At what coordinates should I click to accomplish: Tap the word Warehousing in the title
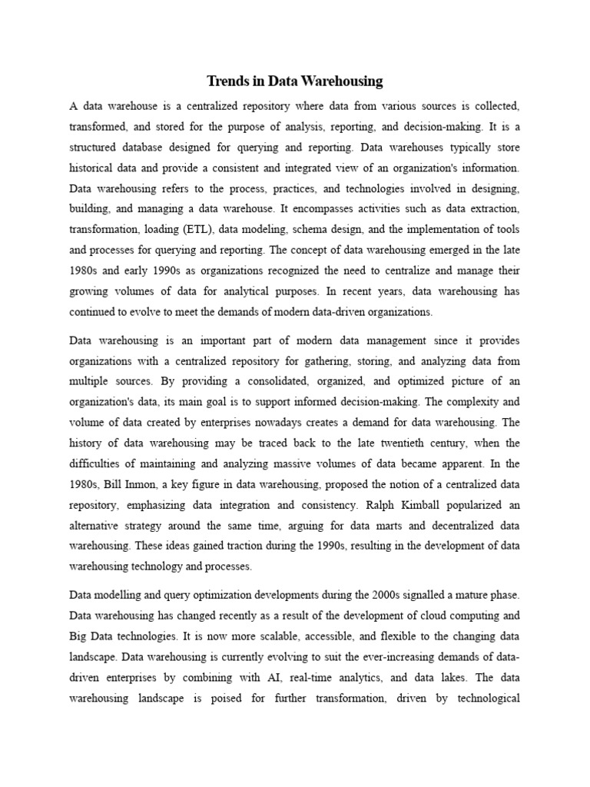(x=344, y=81)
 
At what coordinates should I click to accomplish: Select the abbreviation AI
(x=241, y=679)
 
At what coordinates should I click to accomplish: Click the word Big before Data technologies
(x=81, y=636)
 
